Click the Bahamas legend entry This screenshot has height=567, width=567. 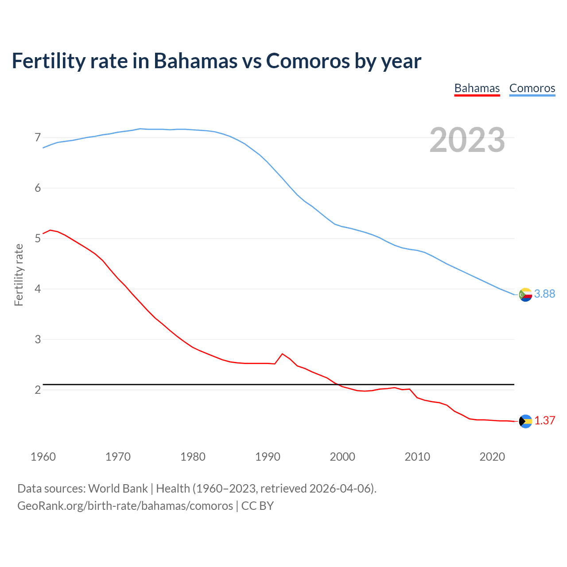click(477, 88)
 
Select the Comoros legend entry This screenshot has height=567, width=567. click(532, 88)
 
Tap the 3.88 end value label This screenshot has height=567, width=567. click(544, 294)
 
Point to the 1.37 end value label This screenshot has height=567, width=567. click(544, 421)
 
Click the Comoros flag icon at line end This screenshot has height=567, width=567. click(525, 294)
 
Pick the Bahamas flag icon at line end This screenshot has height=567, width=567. click(525, 421)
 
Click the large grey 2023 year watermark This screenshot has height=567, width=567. click(467, 140)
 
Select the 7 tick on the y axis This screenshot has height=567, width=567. click(38, 138)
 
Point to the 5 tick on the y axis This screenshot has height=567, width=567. click(38, 239)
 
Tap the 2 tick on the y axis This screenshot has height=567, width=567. click(38, 390)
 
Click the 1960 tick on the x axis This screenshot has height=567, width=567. click(43, 457)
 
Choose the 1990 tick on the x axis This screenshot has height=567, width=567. click(268, 457)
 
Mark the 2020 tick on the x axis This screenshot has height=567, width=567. click(492, 457)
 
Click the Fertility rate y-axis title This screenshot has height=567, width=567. click(19, 275)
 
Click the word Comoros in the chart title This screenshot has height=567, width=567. click(308, 61)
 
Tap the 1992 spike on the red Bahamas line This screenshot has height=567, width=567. click(282, 353)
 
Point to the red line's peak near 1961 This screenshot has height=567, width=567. click(50, 230)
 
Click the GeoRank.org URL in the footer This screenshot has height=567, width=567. click(125, 506)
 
